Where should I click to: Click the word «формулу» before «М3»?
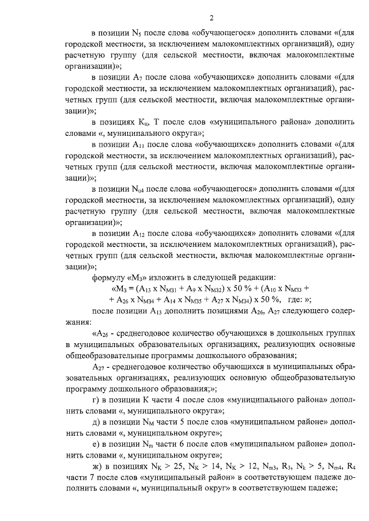point(108,277)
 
